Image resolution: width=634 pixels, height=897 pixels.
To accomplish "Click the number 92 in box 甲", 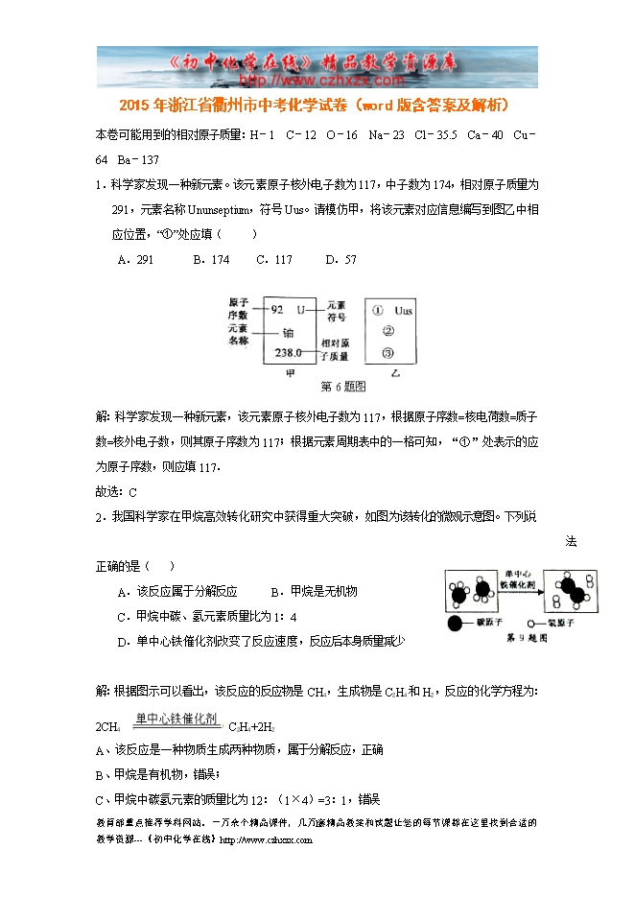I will click(x=278, y=310).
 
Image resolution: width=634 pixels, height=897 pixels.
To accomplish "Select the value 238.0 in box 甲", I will click(x=287, y=353).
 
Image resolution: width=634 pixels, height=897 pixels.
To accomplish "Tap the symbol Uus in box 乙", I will click(x=405, y=311).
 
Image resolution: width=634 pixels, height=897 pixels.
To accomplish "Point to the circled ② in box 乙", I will click(x=388, y=332).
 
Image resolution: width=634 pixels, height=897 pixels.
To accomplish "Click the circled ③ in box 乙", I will click(x=388, y=353).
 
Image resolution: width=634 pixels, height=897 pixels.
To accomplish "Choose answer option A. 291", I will click(x=136, y=260).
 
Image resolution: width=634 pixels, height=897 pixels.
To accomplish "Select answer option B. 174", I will click(x=211, y=260).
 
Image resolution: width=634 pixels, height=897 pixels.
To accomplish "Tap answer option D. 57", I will click(x=341, y=260).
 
